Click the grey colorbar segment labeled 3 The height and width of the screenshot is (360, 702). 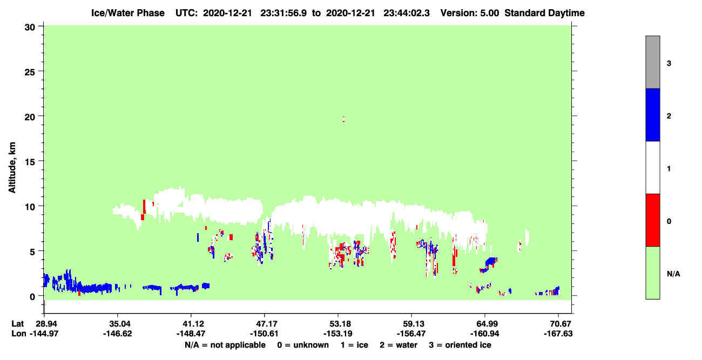(x=652, y=62)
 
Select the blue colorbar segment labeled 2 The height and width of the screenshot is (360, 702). (x=652, y=114)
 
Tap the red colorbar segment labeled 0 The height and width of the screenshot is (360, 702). (x=652, y=220)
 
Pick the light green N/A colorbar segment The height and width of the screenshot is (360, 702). (x=652, y=273)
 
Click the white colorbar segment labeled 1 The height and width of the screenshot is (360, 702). (x=652, y=168)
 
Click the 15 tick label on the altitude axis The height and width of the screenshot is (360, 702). (x=30, y=162)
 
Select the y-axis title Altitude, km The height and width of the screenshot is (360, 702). (x=12, y=167)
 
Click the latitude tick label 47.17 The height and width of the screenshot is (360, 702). (x=264, y=323)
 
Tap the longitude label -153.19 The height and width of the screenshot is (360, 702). (x=337, y=334)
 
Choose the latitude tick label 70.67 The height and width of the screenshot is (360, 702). (x=558, y=323)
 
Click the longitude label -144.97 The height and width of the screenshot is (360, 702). (x=44, y=334)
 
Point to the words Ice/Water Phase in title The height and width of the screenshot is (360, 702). (x=128, y=13)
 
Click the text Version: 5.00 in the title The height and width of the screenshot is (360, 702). (x=469, y=13)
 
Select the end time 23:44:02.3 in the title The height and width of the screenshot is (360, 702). (x=407, y=13)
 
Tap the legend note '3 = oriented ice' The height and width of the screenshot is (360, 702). (x=460, y=345)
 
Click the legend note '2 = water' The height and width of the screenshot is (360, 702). (x=399, y=345)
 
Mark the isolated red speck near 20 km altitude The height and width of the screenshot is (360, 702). (x=344, y=119)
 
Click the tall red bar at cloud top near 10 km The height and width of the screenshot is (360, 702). (x=144, y=207)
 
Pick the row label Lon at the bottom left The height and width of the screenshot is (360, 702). (x=19, y=334)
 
